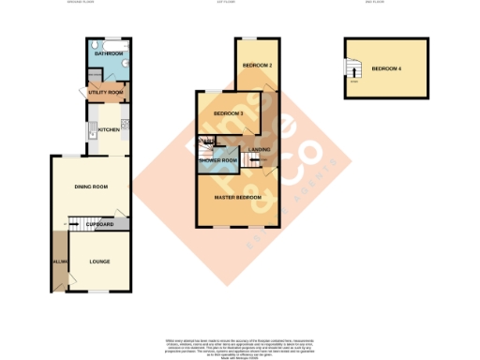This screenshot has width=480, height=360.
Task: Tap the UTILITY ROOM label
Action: [x=106, y=93]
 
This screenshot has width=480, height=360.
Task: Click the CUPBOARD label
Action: [x=99, y=225]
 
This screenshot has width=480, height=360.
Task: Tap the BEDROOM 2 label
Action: [x=256, y=67]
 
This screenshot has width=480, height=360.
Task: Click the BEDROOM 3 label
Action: [x=229, y=114]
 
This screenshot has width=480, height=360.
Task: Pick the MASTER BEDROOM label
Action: [x=236, y=198]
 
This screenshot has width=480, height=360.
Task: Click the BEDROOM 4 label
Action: [x=387, y=69]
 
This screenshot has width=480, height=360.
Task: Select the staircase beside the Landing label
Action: [x=250, y=161]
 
